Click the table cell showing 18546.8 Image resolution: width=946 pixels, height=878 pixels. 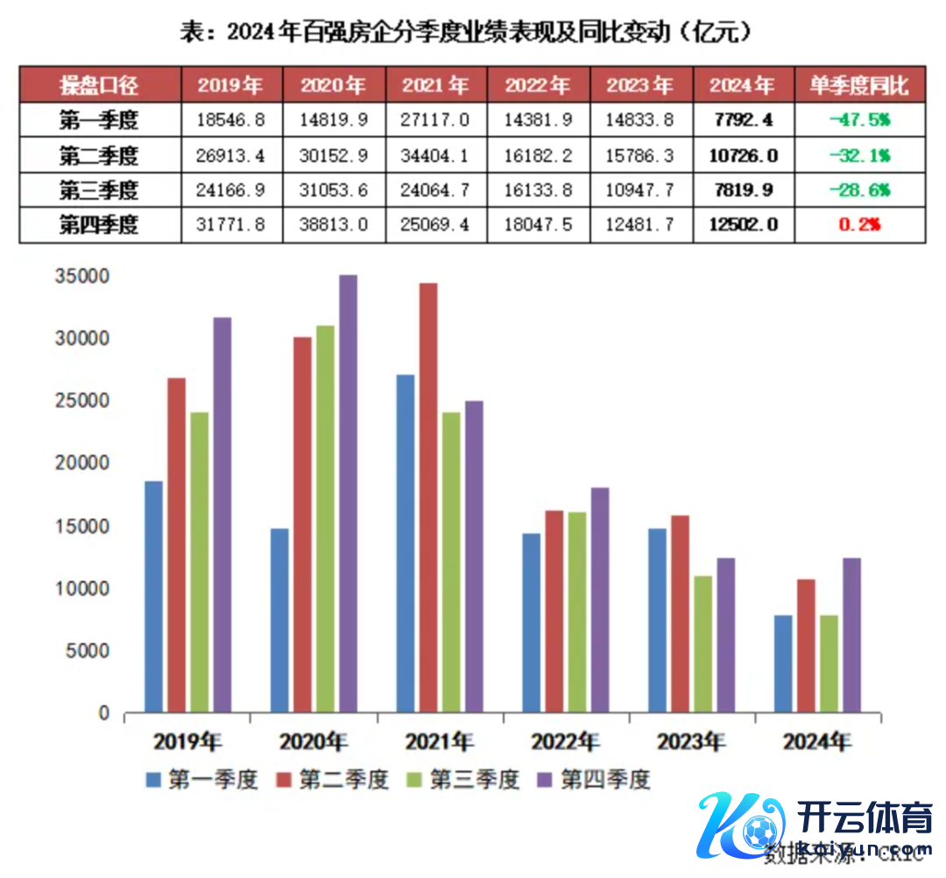[x=231, y=118]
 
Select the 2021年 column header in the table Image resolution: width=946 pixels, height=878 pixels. [x=435, y=85]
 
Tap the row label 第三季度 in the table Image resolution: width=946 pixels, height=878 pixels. [x=99, y=189]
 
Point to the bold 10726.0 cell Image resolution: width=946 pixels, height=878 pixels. [x=743, y=154]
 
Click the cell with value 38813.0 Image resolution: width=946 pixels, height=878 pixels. [x=334, y=224]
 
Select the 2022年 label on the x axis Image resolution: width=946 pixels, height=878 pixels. [x=565, y=741]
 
